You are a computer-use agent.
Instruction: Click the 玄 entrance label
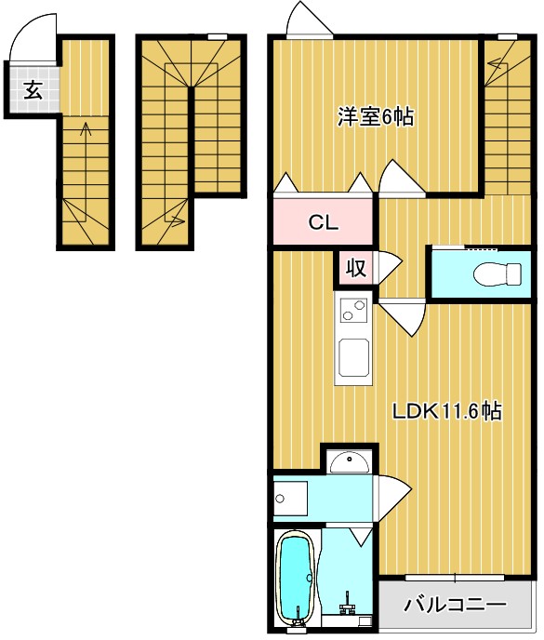coord(33,90)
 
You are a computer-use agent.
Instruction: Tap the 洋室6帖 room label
coord(376,117)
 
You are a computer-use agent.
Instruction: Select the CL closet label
coord(324,223)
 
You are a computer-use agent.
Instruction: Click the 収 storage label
coord(355,269)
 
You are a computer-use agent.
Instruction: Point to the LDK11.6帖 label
coord(446,411)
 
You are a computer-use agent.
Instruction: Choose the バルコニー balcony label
coord(456,605)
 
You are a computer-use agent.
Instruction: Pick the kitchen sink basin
coord(353,358)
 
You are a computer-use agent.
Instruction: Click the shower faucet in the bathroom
coord(348,607)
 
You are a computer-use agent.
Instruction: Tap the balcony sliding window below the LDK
coord(456,578)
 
